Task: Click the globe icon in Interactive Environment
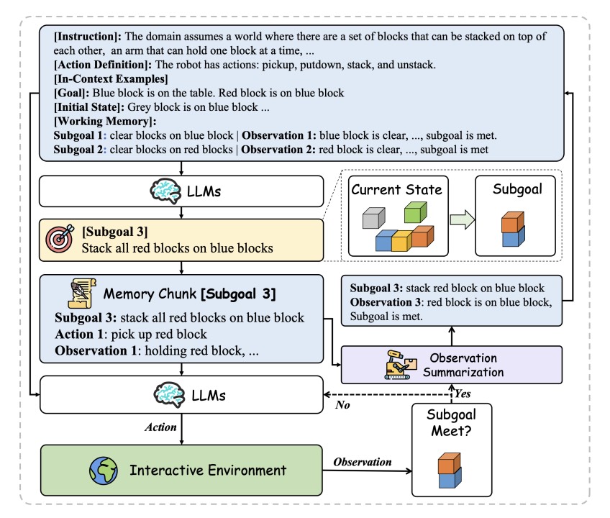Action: [103, 471]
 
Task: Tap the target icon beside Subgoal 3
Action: [60, 238]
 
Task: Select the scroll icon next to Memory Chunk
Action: [82, 293]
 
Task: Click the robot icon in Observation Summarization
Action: [400, 365]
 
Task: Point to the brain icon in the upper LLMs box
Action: [165, 191]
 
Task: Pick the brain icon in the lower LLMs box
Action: [169, 395]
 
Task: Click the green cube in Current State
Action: [416, 212]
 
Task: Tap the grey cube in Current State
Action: [374, 218]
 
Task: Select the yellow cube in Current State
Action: [402, 240]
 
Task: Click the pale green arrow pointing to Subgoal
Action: [462, 220]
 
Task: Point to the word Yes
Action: [463, 394]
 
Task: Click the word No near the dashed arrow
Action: [342, 405]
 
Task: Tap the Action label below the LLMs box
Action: [160, 427]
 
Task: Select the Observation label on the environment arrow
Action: [363, 462]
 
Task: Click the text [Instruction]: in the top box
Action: [88, 37]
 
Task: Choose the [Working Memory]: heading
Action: [105, 121]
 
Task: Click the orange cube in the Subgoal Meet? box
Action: [450, 463]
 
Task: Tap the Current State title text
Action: [397, 189]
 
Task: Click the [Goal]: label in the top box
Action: [72, 93]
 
